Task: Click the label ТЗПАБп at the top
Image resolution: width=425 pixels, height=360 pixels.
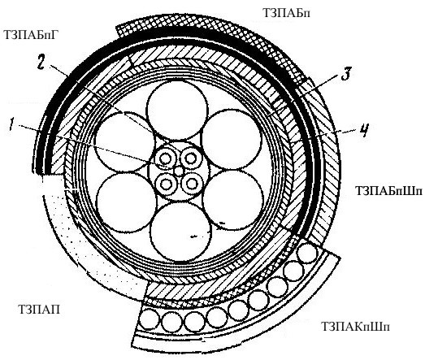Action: pyautogui.click(x=286, y=13)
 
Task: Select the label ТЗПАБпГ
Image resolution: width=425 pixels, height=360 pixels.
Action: pyautogui.click(x=31, y=35)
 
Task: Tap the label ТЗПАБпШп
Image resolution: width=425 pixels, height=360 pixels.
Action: pyautogui.click(x=388, y=190)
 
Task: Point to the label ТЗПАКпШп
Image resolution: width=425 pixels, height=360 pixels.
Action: pyautogui.click(x=355, y=327)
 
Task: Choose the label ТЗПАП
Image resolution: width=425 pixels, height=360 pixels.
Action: pyautogui.click(x=39, y=310)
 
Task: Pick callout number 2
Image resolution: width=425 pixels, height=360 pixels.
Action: pyautogui.click(x=41, y=63)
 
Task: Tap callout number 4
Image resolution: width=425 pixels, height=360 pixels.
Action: pyautogui.click(x=364, y=131)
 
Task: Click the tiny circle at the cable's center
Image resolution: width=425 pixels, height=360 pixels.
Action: pyautogui.click(x=179, y=171)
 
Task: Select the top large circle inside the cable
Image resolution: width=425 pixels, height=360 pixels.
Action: pyautogui.click(x=177, y=110)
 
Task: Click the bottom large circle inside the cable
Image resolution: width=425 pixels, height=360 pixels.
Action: pyautogui.click(x=180, y=232)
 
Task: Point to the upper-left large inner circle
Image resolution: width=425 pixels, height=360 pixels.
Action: pyautogui.click(x=125, y=141)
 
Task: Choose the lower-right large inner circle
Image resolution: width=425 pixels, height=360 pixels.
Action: pyautogui.click(x=233, y=200)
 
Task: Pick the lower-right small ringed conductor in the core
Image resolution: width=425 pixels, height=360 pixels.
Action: pyautogui.click(x=192, y=184)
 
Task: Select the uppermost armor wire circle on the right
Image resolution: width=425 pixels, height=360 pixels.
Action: pyautogui.click(x=307, y=253)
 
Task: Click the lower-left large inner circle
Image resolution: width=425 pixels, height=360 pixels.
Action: pyautogui.click(x=126, y=202)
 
